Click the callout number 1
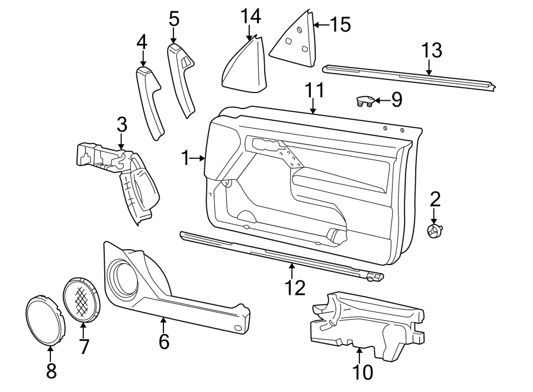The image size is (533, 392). (186, 158)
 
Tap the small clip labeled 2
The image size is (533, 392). (436, 231)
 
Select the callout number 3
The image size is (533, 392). (121, 125)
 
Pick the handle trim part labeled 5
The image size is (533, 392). (182, 78)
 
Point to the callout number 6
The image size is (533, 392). (163, 341)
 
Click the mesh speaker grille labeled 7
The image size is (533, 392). (81, 298)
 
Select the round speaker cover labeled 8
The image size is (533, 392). (45, 319)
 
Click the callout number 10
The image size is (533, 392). (362, 372)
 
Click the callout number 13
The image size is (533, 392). (432, 51)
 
